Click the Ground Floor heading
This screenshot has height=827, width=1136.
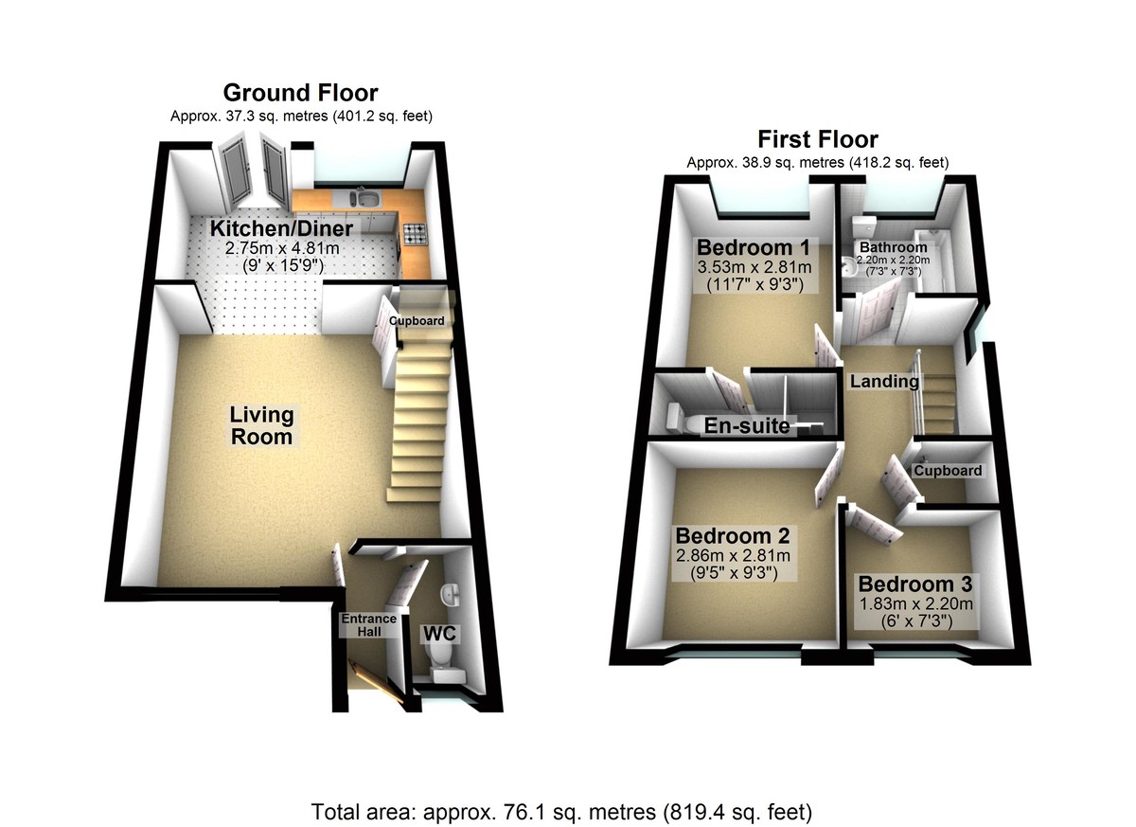pos(300,93)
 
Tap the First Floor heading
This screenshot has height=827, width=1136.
pos(816,140)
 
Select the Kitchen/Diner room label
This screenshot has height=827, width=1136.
pos(281,229)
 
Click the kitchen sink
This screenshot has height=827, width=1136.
pos(364,199)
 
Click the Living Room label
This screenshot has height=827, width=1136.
pos(262,426)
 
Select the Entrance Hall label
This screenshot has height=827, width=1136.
pos(368,625)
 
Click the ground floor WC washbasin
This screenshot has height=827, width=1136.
pos(453,594)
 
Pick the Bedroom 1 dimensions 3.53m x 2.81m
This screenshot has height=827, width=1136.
pos(754,267)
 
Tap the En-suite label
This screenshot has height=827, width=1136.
pos(747,426)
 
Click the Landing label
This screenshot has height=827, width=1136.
pos(884,382)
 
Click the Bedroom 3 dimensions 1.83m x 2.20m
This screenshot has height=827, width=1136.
pos(915,603)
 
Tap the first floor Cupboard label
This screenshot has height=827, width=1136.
pos(948,471)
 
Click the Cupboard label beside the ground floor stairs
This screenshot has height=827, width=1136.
pos(417,321)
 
